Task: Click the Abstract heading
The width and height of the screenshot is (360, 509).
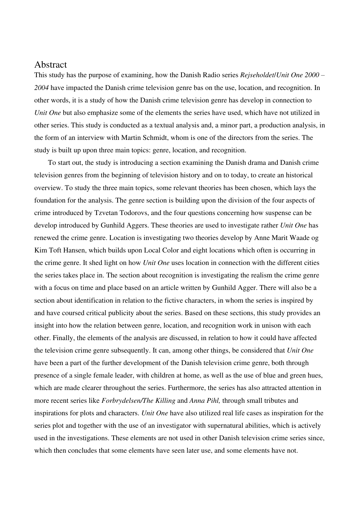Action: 50,65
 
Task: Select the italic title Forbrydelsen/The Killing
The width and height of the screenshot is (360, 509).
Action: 138,401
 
